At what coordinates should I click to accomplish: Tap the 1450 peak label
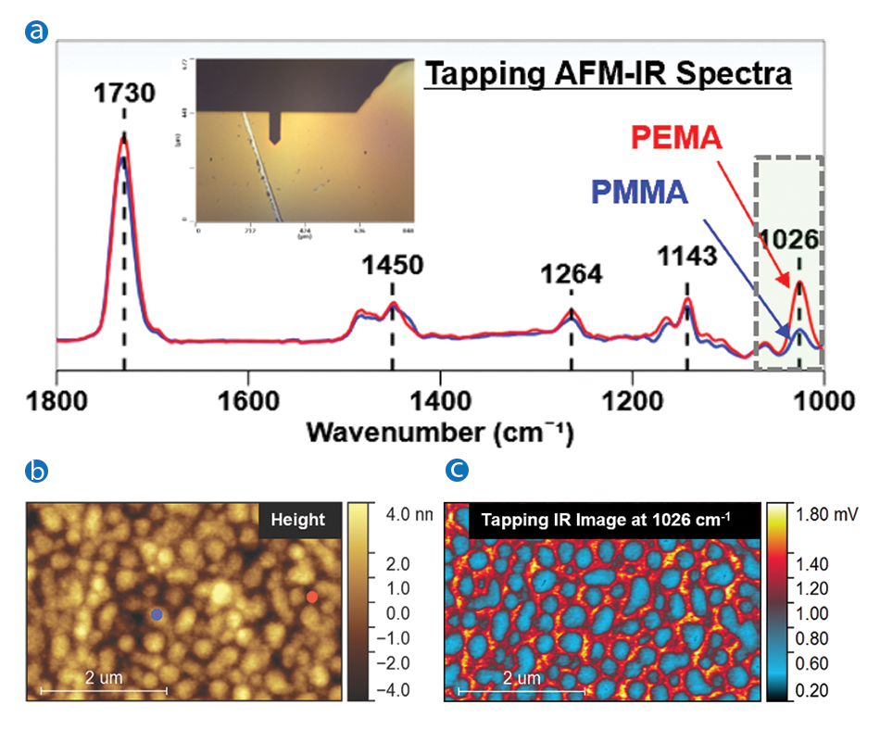[x=392, y=265]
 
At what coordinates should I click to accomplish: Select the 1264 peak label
[x=572, y=274]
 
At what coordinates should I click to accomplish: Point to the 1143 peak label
[x=687, y=255]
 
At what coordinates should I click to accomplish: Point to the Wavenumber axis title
[x=440, y=432]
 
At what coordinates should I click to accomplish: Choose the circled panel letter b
[x=37, y=472]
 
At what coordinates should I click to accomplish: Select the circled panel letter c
[x=457, y=472]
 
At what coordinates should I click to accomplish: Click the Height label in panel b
[x=297, y=520]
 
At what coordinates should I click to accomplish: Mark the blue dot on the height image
[x=157, y=614]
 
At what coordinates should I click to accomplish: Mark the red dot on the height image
[x=311, y=598]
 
